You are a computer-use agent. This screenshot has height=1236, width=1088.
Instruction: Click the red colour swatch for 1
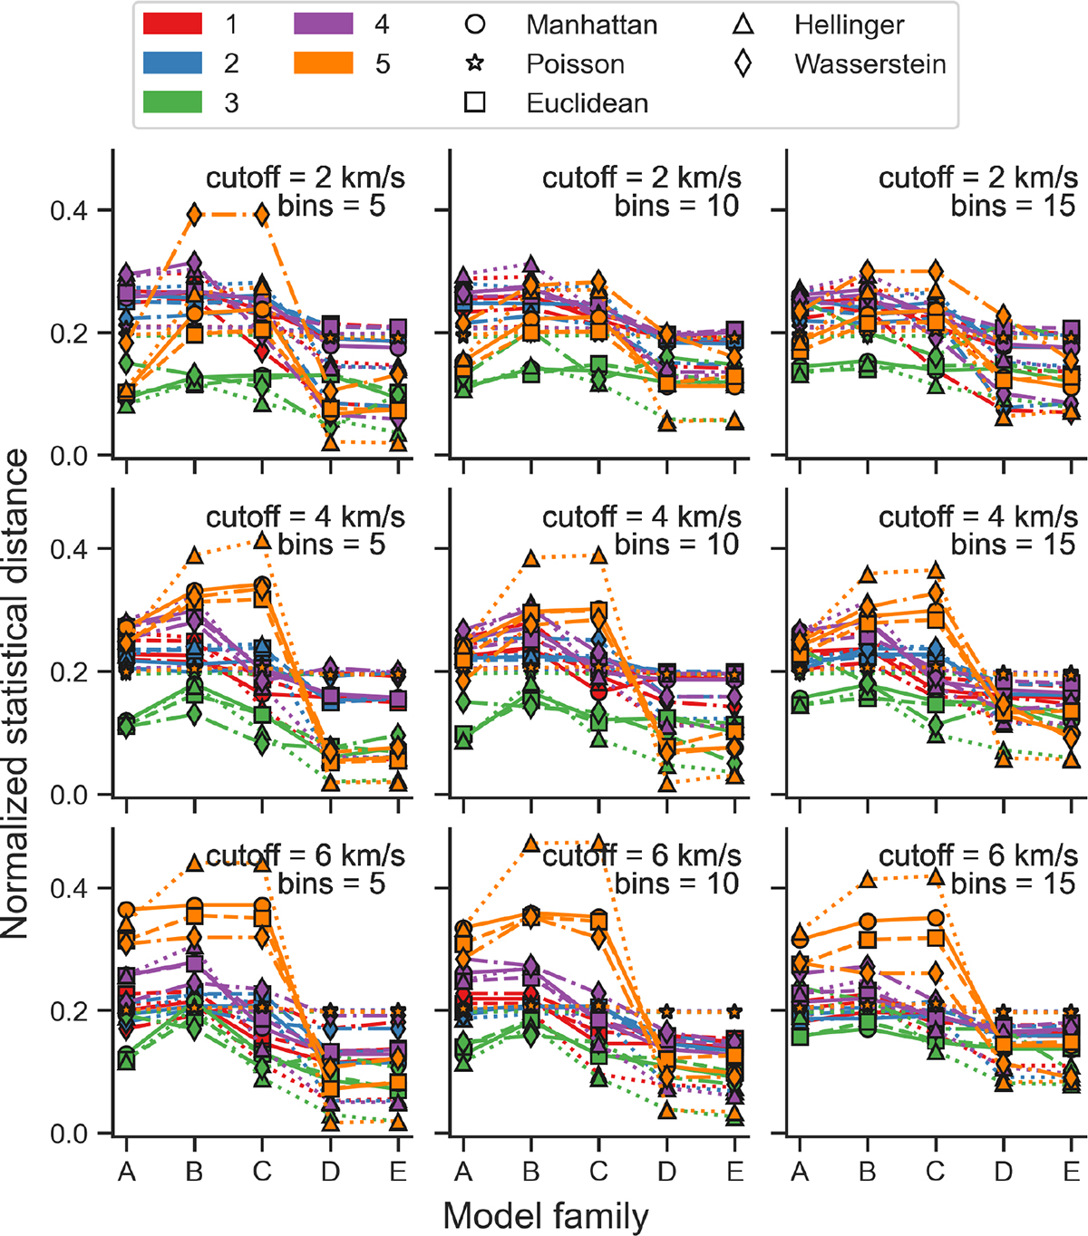(172, 24)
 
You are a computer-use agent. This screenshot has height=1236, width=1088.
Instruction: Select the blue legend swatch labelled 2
(172, 63)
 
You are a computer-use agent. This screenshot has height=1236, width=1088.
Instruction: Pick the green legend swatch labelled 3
(172, 102)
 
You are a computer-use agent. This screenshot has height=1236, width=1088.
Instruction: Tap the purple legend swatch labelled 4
(324, 24)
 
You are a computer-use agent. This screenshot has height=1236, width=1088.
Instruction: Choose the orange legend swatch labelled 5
(324, 63)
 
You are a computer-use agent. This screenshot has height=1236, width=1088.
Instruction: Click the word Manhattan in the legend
(591, 24)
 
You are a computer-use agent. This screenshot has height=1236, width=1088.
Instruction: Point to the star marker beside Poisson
(474, 63)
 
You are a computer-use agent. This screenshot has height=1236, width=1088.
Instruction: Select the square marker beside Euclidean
(474, 102)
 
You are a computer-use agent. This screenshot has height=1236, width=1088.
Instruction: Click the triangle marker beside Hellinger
(743, 24)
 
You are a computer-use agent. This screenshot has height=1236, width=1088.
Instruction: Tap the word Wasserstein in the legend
(869, 63)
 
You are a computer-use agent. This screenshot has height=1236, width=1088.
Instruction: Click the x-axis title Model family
(546, 1215)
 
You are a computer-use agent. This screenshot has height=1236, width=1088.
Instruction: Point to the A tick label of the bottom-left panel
(126, 1172)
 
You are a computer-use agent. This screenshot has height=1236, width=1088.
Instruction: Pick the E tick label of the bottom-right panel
(1071, 1172)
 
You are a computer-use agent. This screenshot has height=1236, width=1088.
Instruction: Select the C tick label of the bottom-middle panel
(598, 1172)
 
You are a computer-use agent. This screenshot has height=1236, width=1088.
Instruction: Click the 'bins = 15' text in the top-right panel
(1013, 207)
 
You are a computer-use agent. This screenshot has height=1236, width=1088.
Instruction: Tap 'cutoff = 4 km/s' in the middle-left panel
(306, 517)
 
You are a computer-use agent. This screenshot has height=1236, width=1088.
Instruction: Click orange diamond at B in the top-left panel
(194, 215)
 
